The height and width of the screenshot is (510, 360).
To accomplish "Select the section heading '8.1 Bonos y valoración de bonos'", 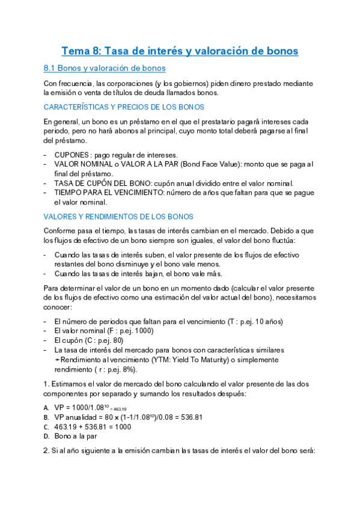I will click(x=105, y=68).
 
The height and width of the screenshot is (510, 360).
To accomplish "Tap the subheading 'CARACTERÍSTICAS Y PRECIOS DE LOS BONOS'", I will click(x=124, y=107).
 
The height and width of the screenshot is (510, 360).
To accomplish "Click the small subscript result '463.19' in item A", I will click(x=121, y=408).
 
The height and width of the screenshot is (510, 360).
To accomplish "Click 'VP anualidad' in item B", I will click(x=76, y=417).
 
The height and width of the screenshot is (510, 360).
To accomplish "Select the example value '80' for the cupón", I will click(x=123, y=340).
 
